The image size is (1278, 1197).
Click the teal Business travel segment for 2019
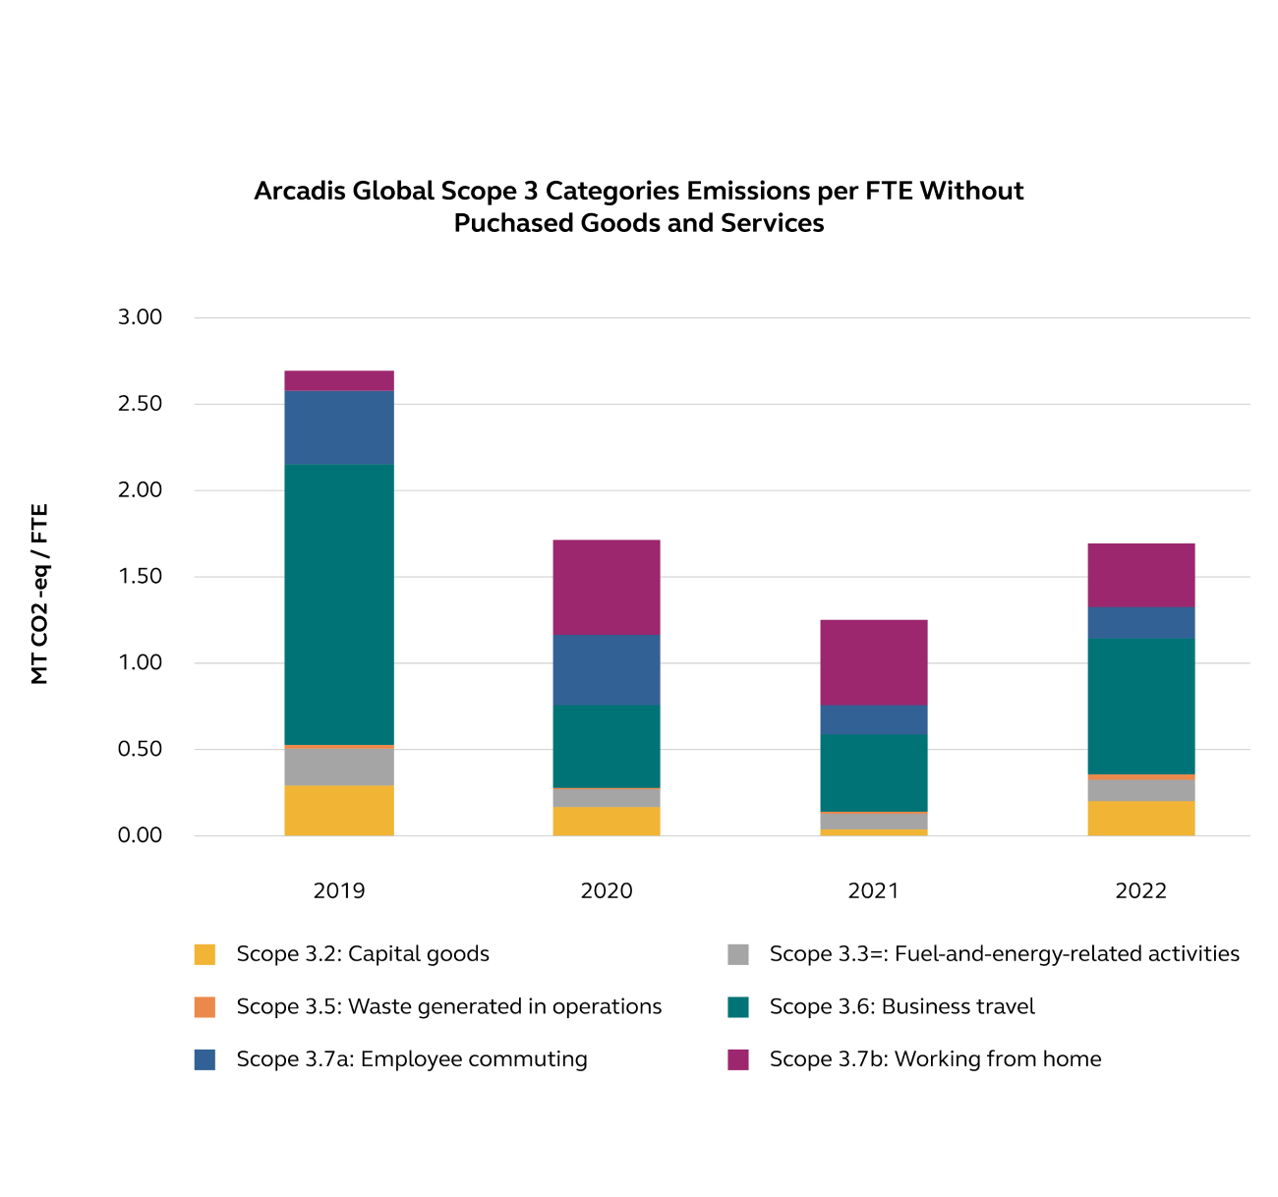[x=339, y=603]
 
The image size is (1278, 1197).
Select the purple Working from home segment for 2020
[x=607, y=587]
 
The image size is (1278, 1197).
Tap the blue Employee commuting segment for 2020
[x=607, y=669]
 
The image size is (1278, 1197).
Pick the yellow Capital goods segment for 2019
[x=339, y=810]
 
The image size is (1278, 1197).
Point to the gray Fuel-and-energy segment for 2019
[x=339, y=767]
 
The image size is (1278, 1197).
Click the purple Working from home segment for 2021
[x=874, y=661]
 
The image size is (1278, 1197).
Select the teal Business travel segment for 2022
[x=1141, y=706]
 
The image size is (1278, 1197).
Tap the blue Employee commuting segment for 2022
[x=1141, y=622]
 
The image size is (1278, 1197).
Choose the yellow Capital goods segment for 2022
[x=1141, y=818]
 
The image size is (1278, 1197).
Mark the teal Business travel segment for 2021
[x=874, y=772]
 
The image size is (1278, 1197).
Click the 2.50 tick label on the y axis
[x=140, y=404]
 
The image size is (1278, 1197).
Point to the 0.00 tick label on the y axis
[x=140, y=835]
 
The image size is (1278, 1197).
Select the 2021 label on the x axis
[x=874, y=891]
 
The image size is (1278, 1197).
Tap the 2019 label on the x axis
[x=339, y=891]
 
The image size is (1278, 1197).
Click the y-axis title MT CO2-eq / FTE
[x=39, y=594]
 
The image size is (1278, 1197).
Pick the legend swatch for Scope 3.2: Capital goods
[x=204, y=954]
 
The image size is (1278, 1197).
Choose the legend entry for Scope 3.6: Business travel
[x=901, y=1006]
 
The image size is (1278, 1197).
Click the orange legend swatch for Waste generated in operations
[x=204, y=1007]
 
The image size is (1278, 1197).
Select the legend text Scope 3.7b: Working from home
[x=935, y=1059]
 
